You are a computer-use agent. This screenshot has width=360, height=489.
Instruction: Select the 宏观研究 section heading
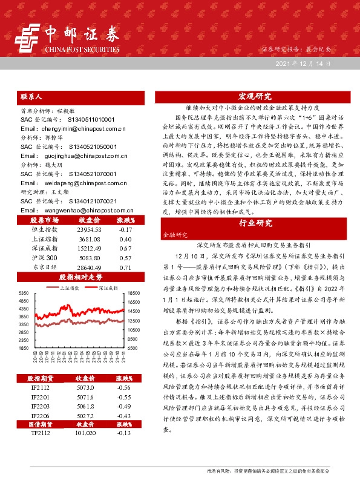pos(255,97)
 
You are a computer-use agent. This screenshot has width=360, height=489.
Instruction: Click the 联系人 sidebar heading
pos(31,97)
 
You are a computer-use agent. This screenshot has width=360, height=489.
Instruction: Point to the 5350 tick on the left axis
pos(24,293)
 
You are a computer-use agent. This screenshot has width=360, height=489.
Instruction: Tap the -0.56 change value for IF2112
pos(125,387)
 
